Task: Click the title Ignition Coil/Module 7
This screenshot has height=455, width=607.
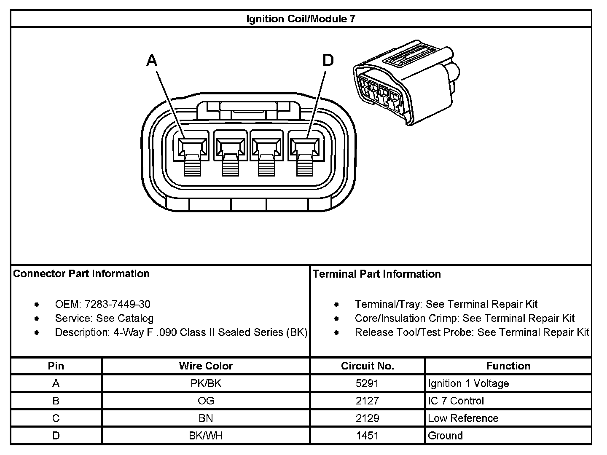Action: click(301, 19)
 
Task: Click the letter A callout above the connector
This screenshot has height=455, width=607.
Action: click(152, 61)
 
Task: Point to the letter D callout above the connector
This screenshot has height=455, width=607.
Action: click(328, 61)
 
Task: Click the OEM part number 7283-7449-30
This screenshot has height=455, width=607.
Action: click(117, 304)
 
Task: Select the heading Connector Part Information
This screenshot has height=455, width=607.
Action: click(81, 274)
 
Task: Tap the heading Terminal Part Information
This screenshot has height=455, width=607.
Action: click(377, 274)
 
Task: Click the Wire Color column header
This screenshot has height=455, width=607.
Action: click(206, 366)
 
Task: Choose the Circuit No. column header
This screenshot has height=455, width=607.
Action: click(368, 366)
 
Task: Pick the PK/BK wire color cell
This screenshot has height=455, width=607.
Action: click(206, 383)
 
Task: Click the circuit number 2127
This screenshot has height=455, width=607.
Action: click(368, 401)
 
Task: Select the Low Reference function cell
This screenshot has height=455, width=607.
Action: click(463, 418)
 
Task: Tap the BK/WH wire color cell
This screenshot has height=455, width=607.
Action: click(206, 436)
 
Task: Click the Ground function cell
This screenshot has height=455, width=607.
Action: click(445, 436)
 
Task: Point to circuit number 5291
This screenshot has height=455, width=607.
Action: click(368, 383)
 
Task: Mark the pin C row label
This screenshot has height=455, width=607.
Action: click(56, 418)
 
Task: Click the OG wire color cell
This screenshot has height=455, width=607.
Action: click(206, 401)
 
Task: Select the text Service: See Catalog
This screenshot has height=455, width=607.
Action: click(104, 318)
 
